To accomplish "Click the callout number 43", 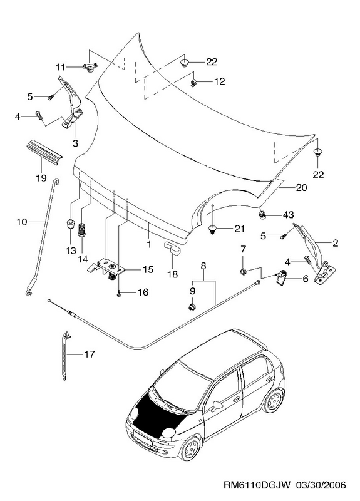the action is tap(288, 215).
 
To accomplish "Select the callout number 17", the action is tap(90, 354).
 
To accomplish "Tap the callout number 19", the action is tap(41, 178).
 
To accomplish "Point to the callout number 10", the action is tap(22, 222).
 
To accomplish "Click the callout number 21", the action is tap(239, 229).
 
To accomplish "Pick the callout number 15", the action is tap(148, 269).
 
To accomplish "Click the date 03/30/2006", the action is tap(321, 485).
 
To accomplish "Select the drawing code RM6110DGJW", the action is tap(257, 485).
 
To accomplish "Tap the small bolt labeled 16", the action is tap(119, 292).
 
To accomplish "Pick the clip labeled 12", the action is tap(193, 83).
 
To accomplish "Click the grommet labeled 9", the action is tap(192, 307).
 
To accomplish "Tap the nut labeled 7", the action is tap(242, 272).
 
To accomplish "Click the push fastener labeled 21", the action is tap(212, 229).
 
